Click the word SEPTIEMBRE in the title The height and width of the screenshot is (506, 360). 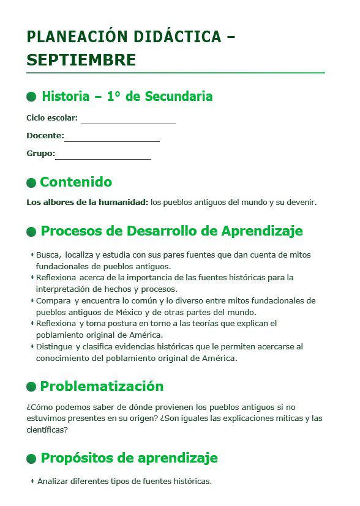81,61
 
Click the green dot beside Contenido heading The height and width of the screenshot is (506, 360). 31,183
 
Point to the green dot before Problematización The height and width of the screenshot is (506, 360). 31,387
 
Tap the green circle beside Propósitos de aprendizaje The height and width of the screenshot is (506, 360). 31,459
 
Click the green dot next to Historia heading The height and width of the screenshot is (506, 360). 31,97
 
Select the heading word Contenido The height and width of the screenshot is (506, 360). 76,182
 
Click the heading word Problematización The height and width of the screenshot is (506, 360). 102,387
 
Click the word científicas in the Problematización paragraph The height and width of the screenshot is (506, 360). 47,430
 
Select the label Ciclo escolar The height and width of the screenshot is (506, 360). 52,117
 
